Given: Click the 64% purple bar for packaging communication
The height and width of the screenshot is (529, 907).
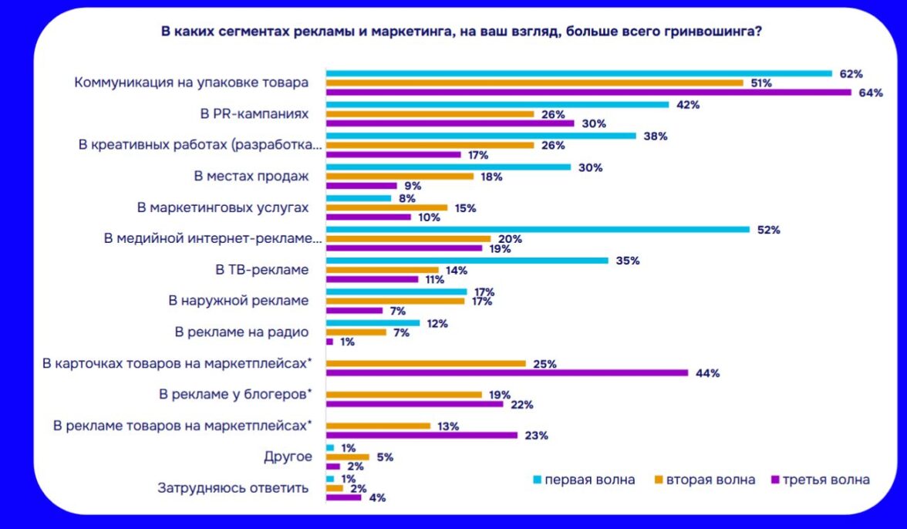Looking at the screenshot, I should (588, 93).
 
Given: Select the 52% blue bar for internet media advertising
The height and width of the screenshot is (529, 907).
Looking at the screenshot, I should (538, 230).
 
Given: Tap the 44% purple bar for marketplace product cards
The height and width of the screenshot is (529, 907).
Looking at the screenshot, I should (507, 373).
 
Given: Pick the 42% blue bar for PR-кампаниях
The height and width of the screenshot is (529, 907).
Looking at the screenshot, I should (497, 104).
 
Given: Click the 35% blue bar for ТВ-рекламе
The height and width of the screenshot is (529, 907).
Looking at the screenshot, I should (467, 261).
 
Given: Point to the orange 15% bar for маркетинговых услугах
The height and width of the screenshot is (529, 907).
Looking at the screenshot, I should (386, 207).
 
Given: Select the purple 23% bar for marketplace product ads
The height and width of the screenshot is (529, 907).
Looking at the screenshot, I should (422, 435).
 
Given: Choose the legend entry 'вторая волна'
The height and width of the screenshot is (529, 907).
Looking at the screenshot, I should (710, 480).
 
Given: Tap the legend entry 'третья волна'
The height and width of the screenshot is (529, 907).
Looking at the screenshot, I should (826, 480).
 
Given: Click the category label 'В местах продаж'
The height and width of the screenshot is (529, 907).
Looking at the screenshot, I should (251, 176).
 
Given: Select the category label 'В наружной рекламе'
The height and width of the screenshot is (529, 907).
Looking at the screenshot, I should (238, 301).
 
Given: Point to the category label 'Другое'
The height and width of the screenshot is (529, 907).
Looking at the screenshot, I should (288, 457).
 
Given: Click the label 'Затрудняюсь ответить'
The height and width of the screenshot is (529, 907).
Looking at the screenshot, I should (233, 487).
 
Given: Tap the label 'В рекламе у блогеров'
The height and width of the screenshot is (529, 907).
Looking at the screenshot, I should (235, 394).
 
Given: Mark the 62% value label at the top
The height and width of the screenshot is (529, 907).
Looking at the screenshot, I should (851, 74).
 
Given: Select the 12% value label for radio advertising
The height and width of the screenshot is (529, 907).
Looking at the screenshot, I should (437, 323).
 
